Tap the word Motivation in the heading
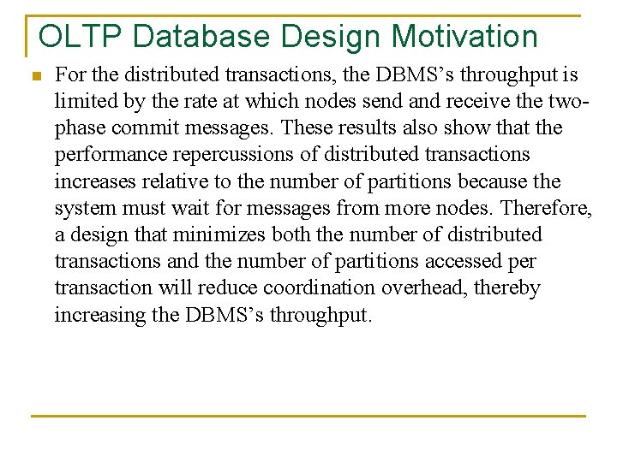click(465, 37)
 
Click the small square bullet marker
click(35, 77)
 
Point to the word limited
click(85, 102)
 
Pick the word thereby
click(507, 287)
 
